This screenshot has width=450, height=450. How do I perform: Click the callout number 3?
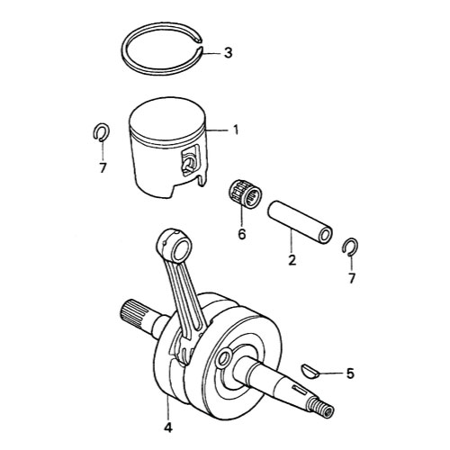tap(229, 53)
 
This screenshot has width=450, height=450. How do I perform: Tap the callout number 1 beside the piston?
tap(236, 130)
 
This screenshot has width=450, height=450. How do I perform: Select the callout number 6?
tap(242, 234)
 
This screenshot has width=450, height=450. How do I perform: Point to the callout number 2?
tap(292, 260)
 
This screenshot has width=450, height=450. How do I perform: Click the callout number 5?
tap(350, 373)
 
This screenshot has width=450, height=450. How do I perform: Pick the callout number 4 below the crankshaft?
tap(168, 427)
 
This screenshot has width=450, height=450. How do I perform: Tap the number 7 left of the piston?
tap(103, 167)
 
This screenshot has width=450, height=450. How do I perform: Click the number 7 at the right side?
tap(352, 278)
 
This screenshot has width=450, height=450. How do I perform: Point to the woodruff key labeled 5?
tap(309, 371)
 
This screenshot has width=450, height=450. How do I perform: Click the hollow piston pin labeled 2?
tap(300, 222)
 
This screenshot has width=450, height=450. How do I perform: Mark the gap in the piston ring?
tap(201, 43)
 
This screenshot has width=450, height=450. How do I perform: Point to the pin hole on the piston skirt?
tap(188, 165)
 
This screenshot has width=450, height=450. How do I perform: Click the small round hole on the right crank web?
tap(224, 357)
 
